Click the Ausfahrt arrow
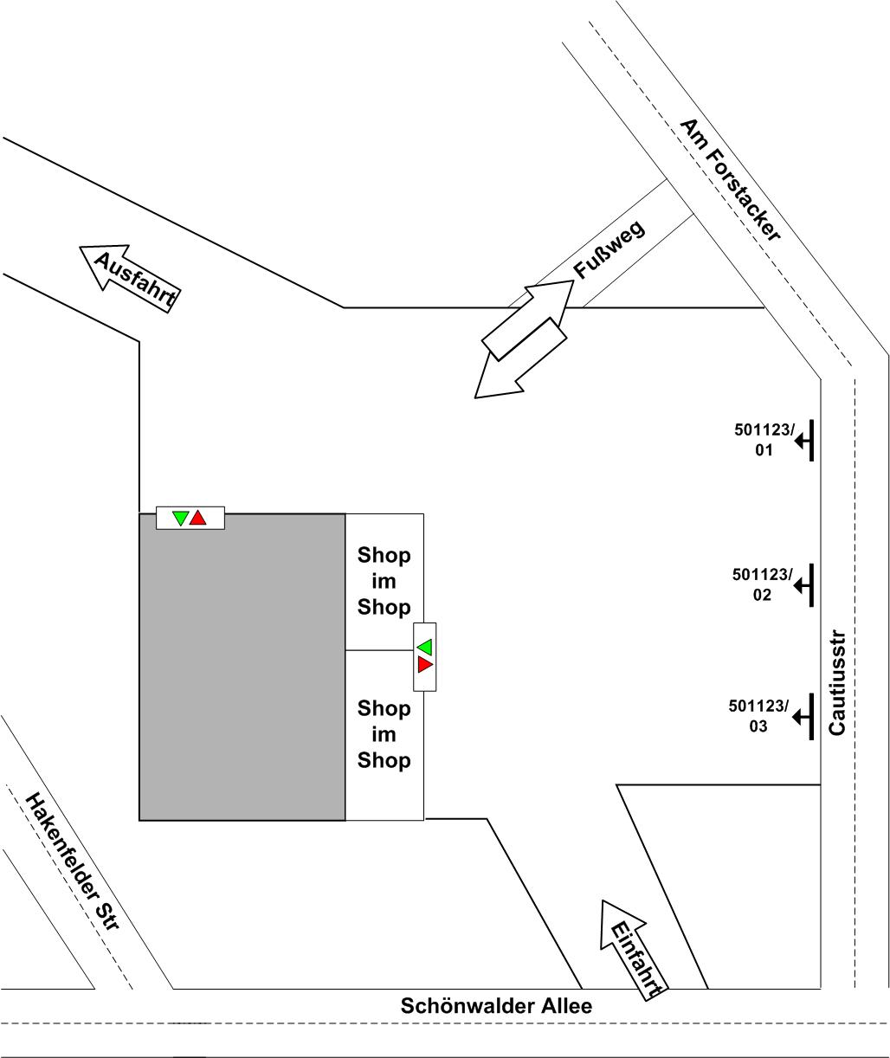(x=130, y=278)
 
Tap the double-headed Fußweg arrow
(x=524, y=339)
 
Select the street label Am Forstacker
(x=730, y=180)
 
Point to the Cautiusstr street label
(x=837, y=682)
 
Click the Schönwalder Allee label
(x=496, y=1006)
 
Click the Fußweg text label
(x=609, y=249)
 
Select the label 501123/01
(x=764, y=440)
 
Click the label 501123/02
(x=762, y=584)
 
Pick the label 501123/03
(x=758, y=715)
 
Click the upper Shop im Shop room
(x=384, y=582)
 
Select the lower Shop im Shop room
(x=384, y=735)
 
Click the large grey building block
(x=242, y=667)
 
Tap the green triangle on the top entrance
(x=180, y=518)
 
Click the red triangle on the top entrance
(x=198, y=518)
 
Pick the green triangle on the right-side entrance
(x=425, y=647)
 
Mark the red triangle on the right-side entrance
(x=425, y=664)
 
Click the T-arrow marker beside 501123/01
(x=804, y=441)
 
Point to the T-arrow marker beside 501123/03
(x=803, y=717)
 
